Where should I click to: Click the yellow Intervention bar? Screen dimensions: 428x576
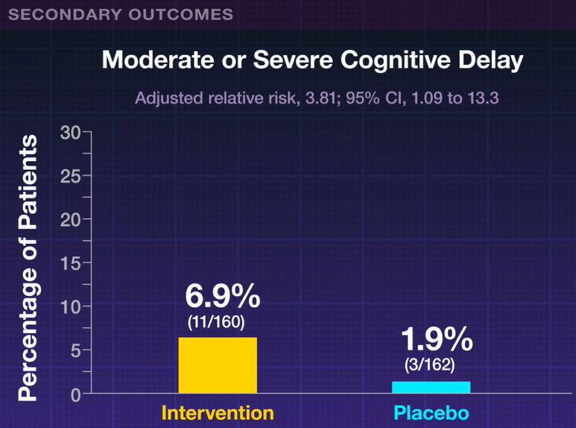pos(218,365)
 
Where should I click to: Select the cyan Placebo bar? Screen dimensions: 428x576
pos(431,387)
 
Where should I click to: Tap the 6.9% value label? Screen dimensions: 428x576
pos(223,298)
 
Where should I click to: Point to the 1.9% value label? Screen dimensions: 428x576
pos(437,341)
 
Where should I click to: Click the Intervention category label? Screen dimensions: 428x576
pos(218,412)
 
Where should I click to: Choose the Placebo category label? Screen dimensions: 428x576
pos(431,412)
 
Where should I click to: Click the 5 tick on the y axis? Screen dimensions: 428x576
pos(76,350)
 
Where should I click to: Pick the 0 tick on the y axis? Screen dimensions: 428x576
pos(76,393)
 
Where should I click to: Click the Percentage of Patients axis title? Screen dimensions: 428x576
pos(28,268)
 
